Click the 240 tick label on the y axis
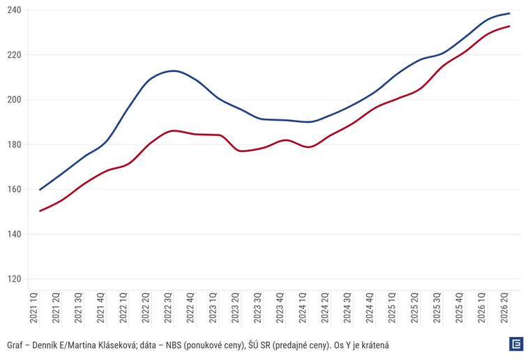click(14, 10)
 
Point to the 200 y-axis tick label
click(14, 100)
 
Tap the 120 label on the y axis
click(14, 279)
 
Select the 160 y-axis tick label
click(14, 189)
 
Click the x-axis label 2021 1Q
click(33, 308)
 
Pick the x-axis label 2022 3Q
click(168, 308)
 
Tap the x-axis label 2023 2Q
click(235, 308)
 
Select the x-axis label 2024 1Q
click(303, 308)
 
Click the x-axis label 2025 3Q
click(437, 308)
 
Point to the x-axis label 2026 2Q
click(504, 308)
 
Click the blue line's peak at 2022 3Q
click(174, 70)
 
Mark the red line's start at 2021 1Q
click(40, 211)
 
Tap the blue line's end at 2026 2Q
click(509, 13)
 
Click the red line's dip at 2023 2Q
click(241, 151)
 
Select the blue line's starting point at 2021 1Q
click(40, 190)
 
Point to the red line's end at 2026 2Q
click(509, 26)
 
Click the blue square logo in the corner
click(516, 344)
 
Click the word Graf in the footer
click(15, 345)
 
